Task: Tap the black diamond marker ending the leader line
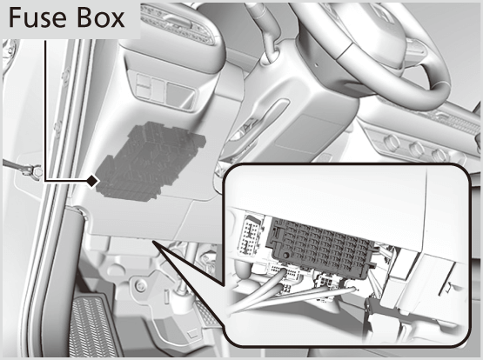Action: click(x=91, y=181)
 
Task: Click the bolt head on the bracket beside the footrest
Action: click(x=139, y=285)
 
